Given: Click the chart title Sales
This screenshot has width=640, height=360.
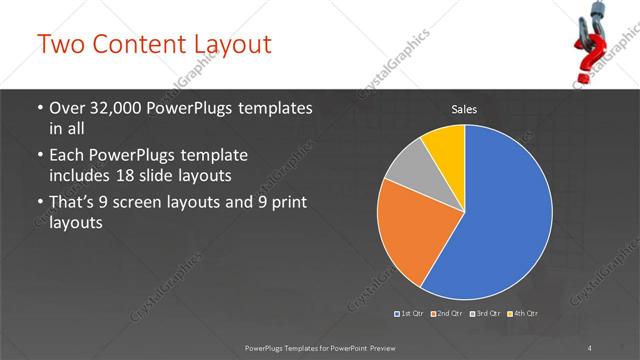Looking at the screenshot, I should (x=463, y=108).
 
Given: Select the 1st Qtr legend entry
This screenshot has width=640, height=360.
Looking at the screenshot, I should (x=410, y=314).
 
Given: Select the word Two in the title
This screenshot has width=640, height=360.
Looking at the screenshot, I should (x=61, y=45).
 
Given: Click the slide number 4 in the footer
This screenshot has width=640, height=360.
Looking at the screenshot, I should (x=590, y=346).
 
